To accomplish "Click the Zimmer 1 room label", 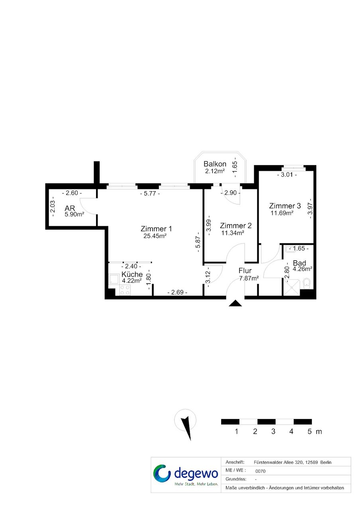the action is click(156, 228).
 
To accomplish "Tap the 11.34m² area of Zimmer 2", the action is click(233, 233).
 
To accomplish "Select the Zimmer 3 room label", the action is click(285, 206).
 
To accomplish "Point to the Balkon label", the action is click(215, 164).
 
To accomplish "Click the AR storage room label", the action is click(70, 208).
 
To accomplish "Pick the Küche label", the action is click(132, 274).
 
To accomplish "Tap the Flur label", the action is click(245, 271).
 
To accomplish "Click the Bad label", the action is click(299, 263).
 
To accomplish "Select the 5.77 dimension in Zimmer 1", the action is click(150, 194).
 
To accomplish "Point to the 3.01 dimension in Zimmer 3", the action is click(287, 175).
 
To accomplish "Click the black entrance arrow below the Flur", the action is click(235, 303).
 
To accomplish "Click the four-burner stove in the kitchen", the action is click(125, 290).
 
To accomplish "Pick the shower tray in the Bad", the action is click(291, 287).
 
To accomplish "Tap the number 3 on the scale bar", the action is click(273, 431).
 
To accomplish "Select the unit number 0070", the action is click(261, 471).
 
